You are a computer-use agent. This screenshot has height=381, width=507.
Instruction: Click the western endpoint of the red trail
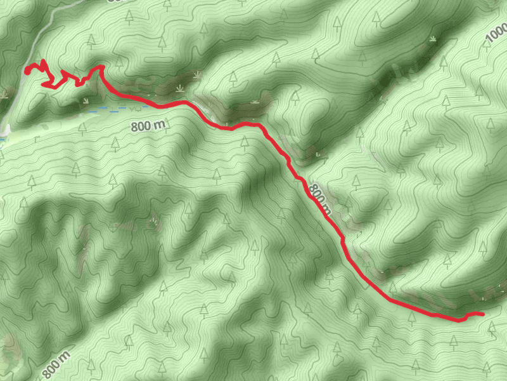tap(27, 70)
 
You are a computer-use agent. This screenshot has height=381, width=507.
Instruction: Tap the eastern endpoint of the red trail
tap(482, 314)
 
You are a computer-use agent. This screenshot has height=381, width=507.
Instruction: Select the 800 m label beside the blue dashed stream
tap(148, 126)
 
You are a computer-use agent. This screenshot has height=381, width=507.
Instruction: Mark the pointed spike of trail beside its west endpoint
tap(42, 62)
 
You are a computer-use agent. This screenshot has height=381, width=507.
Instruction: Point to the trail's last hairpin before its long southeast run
tap(100, 66)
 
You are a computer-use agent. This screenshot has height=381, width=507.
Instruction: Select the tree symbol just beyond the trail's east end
tap(493, 326)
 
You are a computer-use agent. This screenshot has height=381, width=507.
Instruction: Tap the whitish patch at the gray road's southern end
tap(3, 137)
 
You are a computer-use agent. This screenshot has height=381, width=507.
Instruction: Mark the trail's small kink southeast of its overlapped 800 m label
tap(342, 239)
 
